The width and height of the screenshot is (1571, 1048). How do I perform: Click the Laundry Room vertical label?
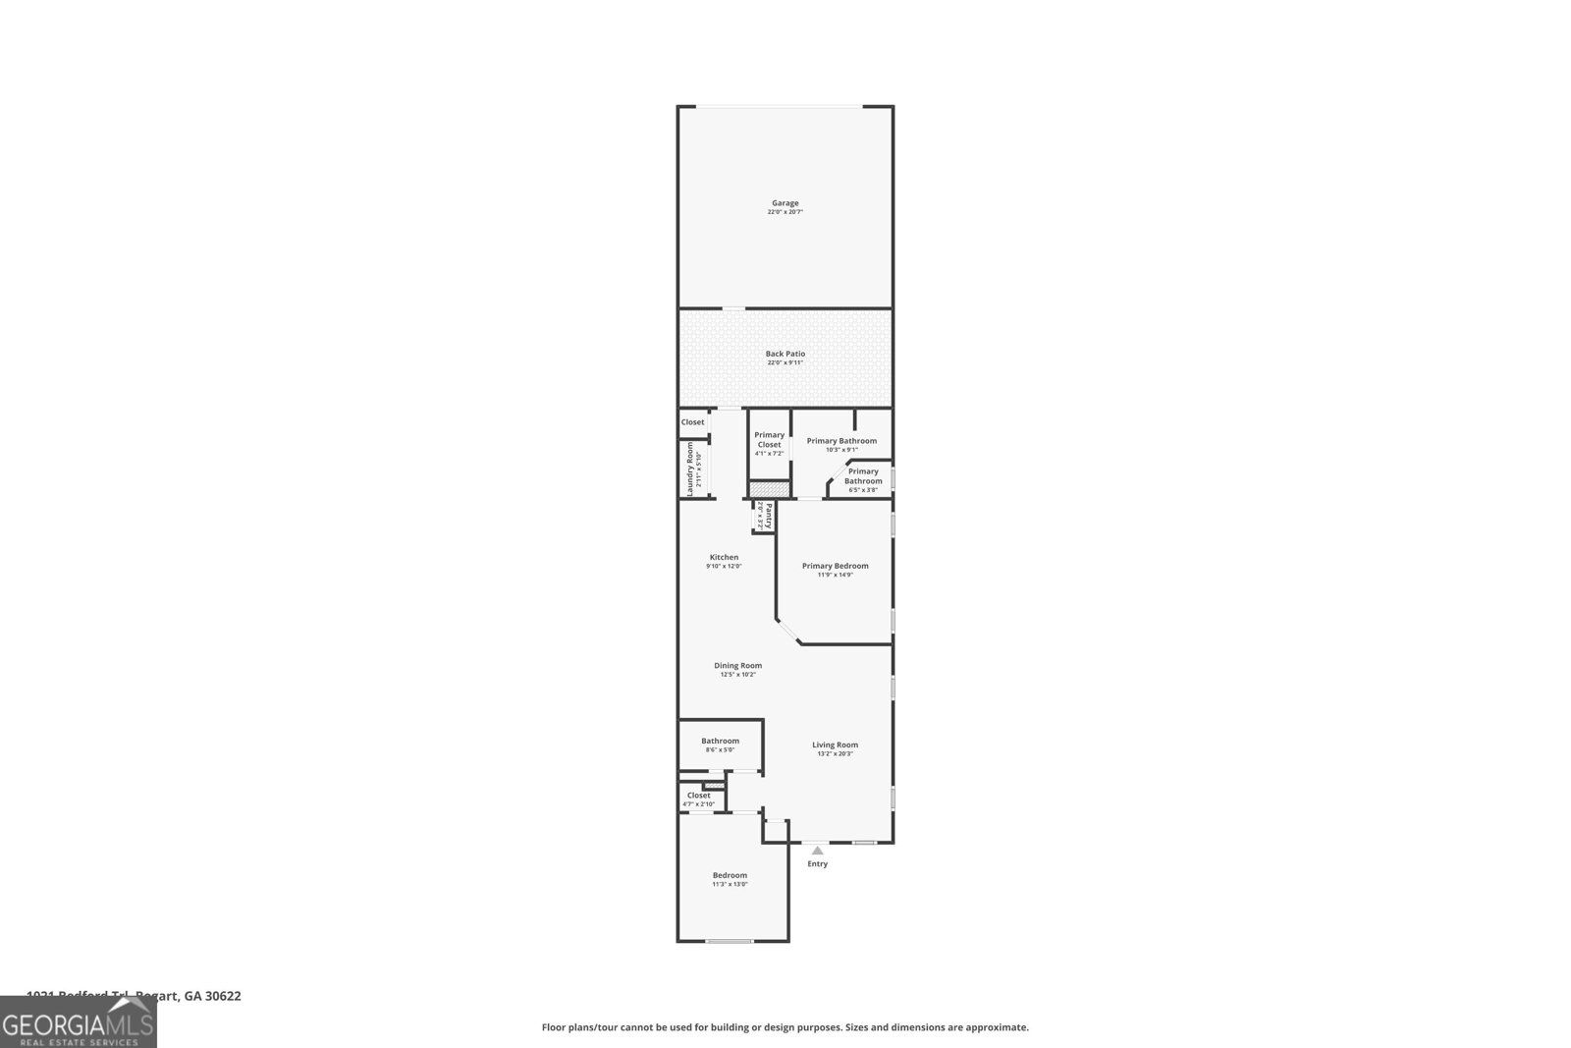click(691, 469)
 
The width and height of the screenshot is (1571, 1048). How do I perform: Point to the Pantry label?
click(765, 516)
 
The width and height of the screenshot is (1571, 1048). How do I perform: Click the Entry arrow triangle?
click(817, 851)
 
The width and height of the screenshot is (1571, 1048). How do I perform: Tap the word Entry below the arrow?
click(817, 864)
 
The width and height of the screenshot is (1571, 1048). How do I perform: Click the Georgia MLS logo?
click(78, 1021)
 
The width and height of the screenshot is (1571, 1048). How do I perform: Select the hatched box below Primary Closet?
click(769, 488)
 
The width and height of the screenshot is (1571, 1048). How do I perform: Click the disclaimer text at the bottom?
click(785, 1027)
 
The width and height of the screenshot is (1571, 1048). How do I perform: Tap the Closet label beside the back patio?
click(692, 422)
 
